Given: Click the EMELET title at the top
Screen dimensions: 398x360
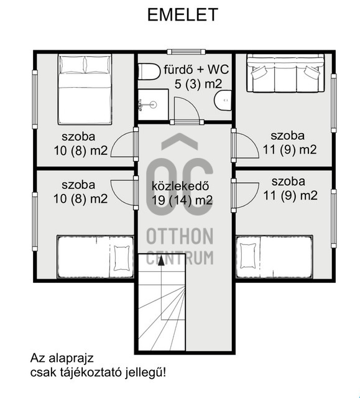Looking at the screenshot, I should (x=183, y=15).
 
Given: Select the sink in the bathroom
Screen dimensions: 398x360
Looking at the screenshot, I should (x=222, y=99).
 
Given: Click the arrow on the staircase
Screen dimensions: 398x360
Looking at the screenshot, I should (x=162, y=261).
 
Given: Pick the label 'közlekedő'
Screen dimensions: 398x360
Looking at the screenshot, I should (x=180, y=186).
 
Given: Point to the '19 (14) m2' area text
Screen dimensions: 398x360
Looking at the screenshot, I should (x=183, y=200).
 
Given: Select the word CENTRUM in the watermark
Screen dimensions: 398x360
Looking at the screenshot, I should (x=180, y=257).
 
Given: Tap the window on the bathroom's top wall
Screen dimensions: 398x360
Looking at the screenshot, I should (x=185, y=51).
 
